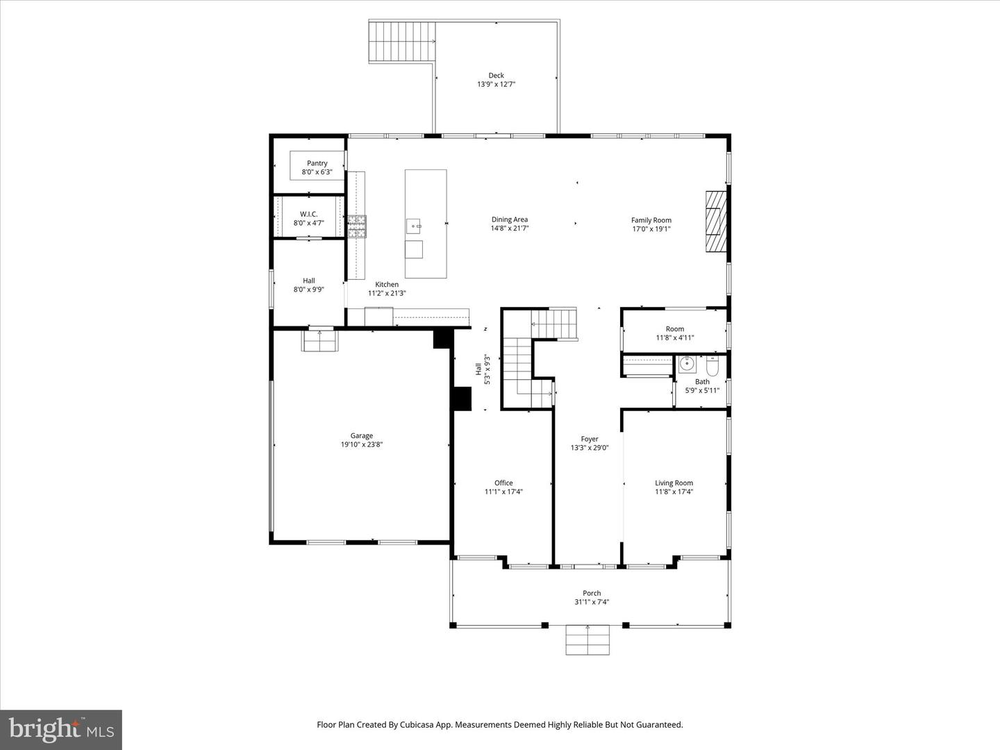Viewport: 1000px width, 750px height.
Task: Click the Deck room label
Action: tap(496, 76)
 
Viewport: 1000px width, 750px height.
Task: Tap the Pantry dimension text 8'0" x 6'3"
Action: tap(317, 172)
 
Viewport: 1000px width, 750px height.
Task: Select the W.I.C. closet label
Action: tap(308, 214)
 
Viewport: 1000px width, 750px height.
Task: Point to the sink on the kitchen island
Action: tap(414, 226)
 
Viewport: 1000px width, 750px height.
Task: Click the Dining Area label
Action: tap(510, 219)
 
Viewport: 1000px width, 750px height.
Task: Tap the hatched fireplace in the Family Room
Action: tap(715, 223)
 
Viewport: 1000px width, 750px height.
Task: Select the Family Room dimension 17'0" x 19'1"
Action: tap(651, 229)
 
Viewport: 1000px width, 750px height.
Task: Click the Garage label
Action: tap(361, 435)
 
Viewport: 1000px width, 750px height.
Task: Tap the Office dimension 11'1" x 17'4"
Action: tap(503, 492)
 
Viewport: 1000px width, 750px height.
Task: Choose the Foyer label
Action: tap(590, 439)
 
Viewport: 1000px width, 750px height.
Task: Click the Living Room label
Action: tap(674, 483)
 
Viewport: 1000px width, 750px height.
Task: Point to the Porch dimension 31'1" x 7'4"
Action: tap(592, 602)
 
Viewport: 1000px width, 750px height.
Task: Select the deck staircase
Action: tap(402, 42)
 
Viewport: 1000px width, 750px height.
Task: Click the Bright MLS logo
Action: tap(61, 729)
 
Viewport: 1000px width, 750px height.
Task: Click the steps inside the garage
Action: tap(319, 341)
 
